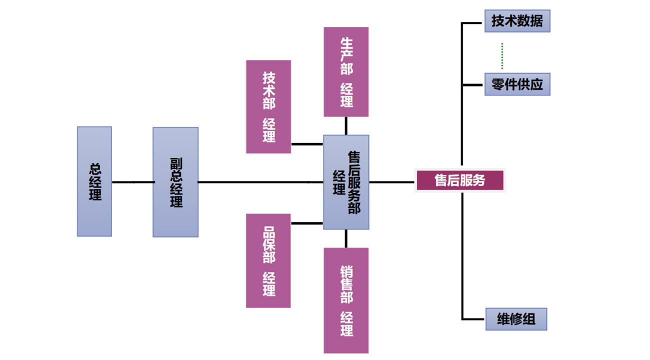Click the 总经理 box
[x=94, y=181]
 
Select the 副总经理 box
[x=175, y=182]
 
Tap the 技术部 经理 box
[x=268, y=106]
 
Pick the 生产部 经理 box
[x=346, y=72]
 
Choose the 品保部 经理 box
[x=268, y=260]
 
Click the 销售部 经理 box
[x=346, y=300]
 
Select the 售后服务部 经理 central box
[x=346, y=182]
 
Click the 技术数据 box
[x=517, y=21]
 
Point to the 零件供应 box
[x=517, y=84]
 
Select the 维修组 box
[x=516, y=319]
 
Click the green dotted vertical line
[x=502, y=56]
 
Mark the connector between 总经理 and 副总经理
[x=132, y=182]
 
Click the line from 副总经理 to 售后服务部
[x=260, y=182]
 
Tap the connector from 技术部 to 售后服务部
[x=307, y=144]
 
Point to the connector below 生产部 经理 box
[x=346, y=125]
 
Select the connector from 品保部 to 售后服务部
[x=307, y=223]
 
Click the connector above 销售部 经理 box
[x=346, y=238]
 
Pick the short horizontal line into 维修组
[x=473, y=319]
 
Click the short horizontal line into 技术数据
[x=472, y=22]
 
